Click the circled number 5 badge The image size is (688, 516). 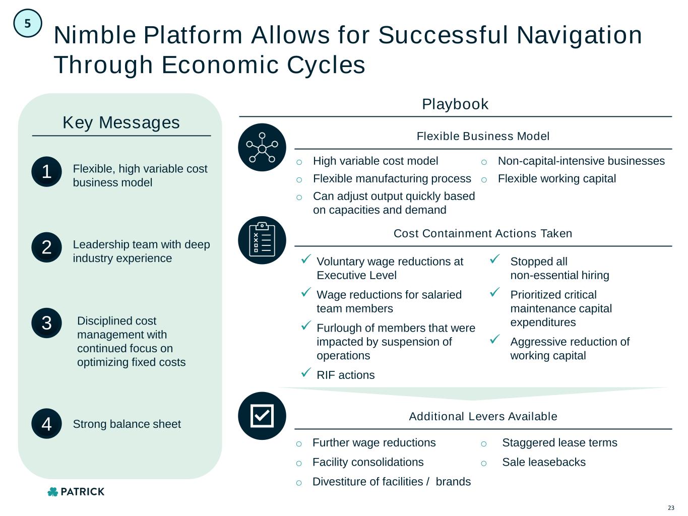point(27,23)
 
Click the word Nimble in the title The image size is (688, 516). point(94,35)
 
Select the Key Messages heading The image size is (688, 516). point(121,122)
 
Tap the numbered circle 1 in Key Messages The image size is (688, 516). point(46,172)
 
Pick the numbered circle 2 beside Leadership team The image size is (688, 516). point(46,247)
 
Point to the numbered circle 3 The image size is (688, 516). point(46,323)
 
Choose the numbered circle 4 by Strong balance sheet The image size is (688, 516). point(46,424)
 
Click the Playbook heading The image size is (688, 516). point(455,104)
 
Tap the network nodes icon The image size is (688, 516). point(262,147)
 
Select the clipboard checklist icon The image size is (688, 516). point(262,240)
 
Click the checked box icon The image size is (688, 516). point(262,416)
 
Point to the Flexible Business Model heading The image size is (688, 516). point(483,136)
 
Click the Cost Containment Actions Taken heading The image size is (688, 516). point(483,233)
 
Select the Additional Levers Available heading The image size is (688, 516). point(483,416)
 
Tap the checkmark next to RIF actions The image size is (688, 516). point(305,373)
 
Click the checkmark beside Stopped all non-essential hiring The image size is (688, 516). point(494,260)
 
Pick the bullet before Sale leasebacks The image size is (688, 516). point(484,463)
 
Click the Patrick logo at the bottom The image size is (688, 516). point(76,492)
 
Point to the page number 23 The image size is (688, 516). point(671,507)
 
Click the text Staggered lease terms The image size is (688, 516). point(559,442)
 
